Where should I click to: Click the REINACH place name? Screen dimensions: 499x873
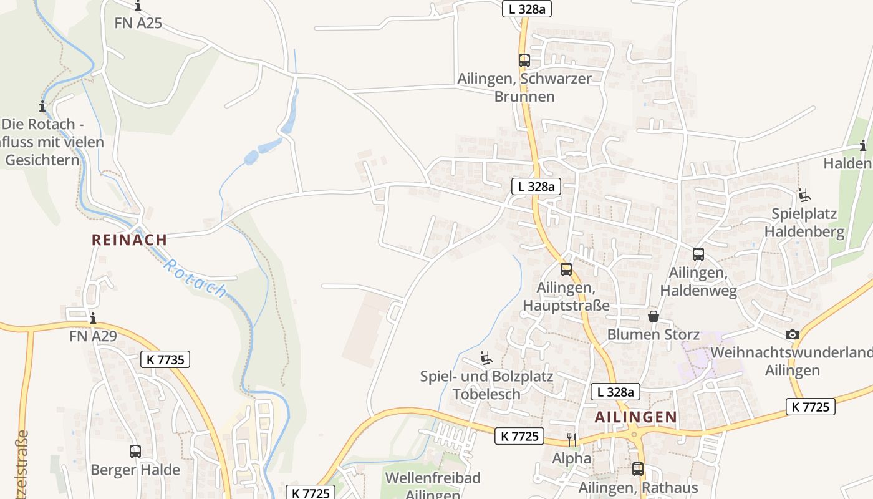129,240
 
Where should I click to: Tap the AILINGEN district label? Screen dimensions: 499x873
635,417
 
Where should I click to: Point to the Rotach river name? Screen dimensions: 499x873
195,278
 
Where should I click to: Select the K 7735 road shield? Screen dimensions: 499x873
165,359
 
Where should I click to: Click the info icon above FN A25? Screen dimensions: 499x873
138,6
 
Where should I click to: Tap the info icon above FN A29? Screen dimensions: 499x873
93,319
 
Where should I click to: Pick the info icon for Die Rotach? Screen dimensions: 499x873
42,106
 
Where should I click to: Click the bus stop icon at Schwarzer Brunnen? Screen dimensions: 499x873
524,61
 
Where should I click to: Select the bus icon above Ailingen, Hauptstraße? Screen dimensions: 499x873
566,269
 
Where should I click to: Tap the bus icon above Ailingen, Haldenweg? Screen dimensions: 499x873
698,254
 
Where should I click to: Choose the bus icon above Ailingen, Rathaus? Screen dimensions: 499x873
637,469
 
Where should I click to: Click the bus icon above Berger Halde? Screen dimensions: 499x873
135,452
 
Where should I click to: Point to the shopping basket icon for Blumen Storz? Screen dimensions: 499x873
653,316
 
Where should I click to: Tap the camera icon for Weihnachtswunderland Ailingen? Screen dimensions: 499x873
792,335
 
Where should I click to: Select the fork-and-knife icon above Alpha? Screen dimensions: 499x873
571,440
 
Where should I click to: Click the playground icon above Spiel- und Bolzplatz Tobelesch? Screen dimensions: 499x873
486,358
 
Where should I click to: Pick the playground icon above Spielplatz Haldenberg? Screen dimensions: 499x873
804,195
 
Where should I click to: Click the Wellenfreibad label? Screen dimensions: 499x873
433,478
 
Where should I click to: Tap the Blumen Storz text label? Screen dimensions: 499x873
653,334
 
